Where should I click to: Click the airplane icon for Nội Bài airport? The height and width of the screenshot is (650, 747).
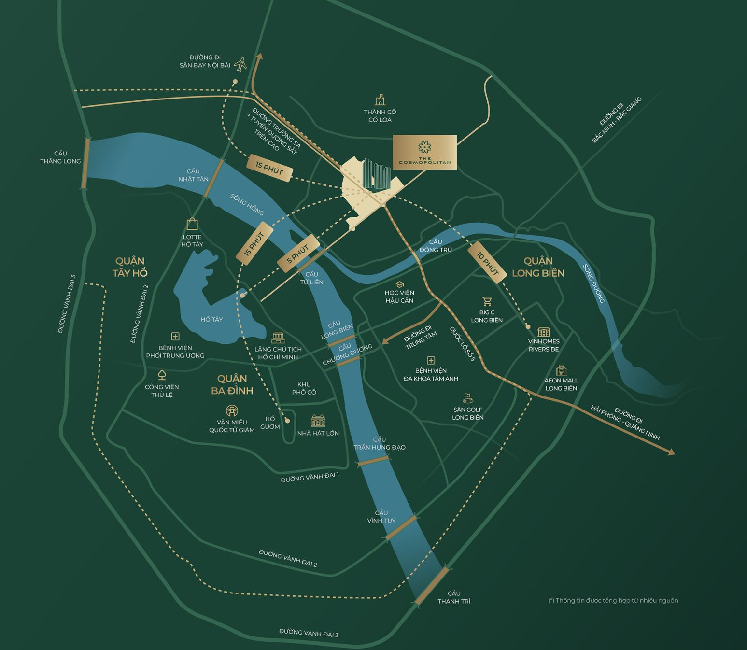[x=240, y=64]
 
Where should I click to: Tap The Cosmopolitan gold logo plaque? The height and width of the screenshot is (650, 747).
[x=424, y=152]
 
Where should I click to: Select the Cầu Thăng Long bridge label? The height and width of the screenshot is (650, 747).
[x=60, y=157]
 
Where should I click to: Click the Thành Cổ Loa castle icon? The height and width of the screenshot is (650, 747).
[x=380, y=100]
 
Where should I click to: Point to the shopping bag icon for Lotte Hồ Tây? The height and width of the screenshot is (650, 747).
[x=192, y=224]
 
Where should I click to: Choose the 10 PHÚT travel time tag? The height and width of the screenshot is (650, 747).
[x=487, y=263]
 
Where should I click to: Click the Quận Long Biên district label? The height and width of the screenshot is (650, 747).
[x=538, y=267]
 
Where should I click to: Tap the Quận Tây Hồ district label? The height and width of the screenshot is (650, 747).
[x=130, y=267]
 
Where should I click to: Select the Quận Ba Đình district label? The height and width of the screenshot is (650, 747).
[x=232, y=384]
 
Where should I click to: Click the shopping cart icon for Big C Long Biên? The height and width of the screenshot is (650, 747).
[x=487, y=302]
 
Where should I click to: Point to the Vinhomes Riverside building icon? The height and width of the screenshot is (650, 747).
[x=544, y=332]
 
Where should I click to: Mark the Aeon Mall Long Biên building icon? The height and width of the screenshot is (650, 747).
[x=561, y=370]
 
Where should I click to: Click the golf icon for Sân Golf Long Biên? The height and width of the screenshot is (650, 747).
[x=467, y=398]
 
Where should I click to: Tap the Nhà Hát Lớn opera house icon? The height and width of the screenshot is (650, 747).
[x=318, y=421]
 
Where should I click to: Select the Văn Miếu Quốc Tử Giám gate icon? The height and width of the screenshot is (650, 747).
[x=232, y=411]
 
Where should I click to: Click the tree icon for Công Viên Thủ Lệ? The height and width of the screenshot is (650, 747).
[x=162, y=375]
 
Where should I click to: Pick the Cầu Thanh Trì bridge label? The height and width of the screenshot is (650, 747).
[x=454, y=597]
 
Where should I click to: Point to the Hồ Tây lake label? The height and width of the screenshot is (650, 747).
[x=211, y=319]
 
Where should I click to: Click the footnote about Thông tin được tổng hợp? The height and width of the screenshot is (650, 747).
[x=613, y=600]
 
